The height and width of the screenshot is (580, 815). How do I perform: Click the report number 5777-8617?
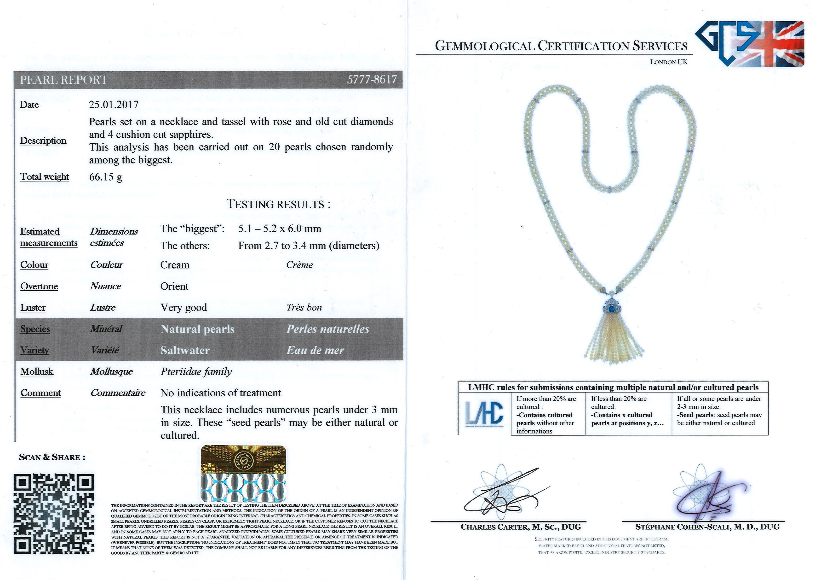coord(372,79)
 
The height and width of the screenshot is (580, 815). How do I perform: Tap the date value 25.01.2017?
coord(114,105)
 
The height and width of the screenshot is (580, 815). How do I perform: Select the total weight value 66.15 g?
coord(106,177)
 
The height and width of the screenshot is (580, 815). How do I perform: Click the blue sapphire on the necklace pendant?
coord(613,309)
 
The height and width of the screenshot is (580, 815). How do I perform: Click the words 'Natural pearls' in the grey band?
coord(197,329)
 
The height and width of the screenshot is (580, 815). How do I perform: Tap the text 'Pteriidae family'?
coord(196,372)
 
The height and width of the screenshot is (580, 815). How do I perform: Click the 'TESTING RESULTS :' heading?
coord(278,204)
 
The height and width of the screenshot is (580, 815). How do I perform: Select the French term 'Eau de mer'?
coord(315,350)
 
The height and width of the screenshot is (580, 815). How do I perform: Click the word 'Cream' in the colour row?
coord(175,265)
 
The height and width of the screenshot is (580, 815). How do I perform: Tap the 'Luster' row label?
coord(33,307)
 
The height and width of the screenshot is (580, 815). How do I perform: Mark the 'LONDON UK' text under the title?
coord(668,62)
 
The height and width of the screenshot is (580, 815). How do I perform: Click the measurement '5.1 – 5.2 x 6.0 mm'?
coord(279,228)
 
